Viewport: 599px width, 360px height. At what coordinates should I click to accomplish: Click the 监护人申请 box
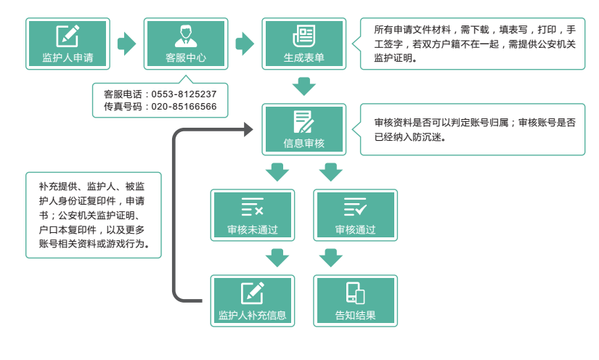pyautogui.click(x=68, y=44)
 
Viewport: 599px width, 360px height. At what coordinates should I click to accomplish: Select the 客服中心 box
pyautogui.click(x=186, y=44)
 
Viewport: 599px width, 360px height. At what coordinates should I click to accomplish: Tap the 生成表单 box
pyautogui.click(x=303, y=44)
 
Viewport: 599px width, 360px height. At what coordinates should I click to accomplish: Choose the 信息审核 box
pyautogui.click(x=303, y=129)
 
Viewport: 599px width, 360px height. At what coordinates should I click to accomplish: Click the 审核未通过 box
pyautogui.click(x=253, y=215)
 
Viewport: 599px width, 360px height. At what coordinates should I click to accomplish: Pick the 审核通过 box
pyautogui.click(x=355, y=215)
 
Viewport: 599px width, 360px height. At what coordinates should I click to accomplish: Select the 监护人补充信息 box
pyautogui.click(x=253, y=300)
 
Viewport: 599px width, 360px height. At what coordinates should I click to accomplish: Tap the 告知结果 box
pyautogui.click(x=355, y=300)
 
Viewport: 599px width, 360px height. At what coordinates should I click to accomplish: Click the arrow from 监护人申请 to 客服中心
pyautogui.click(x=127, y=44)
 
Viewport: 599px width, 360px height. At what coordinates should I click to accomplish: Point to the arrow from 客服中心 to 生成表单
pyautogui.click(x=245, y=44)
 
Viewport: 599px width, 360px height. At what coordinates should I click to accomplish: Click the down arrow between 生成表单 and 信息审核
pyautogui.click(x=303, y=87)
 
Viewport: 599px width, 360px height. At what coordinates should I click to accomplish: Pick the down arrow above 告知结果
pyautogui.click(x=330, y=258)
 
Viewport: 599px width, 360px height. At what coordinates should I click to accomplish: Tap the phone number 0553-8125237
pyautogui.click(x=184, y=94)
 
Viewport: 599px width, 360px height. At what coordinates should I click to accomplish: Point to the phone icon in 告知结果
pyautogui.click(x=355, y=292)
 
